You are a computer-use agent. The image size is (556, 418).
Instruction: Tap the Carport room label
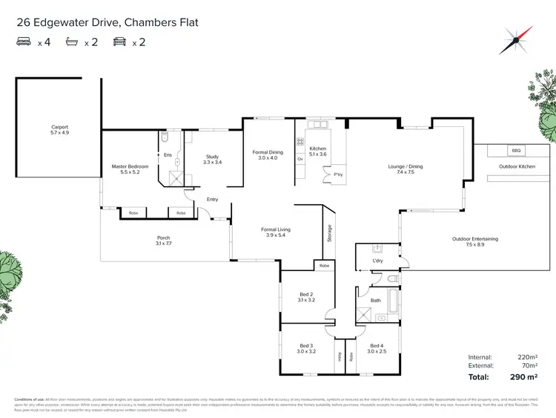(59, 131)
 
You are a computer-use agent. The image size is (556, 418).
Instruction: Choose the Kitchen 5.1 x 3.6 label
(317, 152)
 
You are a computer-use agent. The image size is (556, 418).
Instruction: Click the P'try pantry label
(337, 175)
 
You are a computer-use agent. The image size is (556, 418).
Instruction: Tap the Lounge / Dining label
(406, 170)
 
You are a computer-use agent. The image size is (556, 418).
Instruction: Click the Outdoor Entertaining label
(475, 242)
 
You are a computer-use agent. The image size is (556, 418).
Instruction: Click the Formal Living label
(275, 233)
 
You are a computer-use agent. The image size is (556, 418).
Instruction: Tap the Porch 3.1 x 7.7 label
(162, 241)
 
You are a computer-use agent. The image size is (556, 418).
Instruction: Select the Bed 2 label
(306, 298)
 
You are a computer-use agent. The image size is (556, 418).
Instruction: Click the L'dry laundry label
(376, 261)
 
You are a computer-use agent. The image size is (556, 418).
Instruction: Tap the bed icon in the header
(23, 43)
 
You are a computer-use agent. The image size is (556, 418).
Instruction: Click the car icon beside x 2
(118, 43)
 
